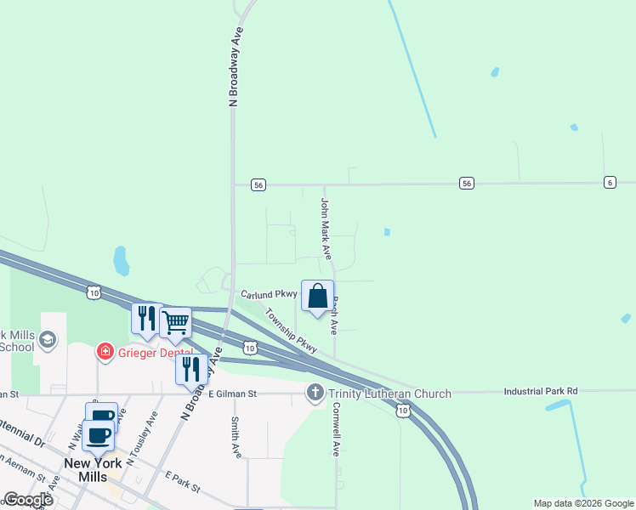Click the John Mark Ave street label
tap(325, 229)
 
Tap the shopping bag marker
tap(317, 297)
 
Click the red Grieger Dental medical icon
tap(105, 350)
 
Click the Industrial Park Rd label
tap(540, 391)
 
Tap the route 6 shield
tap(610, 183)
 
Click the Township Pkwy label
tap(290, 331)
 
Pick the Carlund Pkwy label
tap(268, 292)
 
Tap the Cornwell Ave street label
tap(336, 435)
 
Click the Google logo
tap(28, 500)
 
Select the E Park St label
tap(182, 481)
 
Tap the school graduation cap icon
tap(48, 341)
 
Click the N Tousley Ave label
tap(142, 439)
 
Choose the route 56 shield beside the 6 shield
tap(467, 183)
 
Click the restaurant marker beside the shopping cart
tap(146, 319)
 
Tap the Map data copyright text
tap(583, 503)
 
